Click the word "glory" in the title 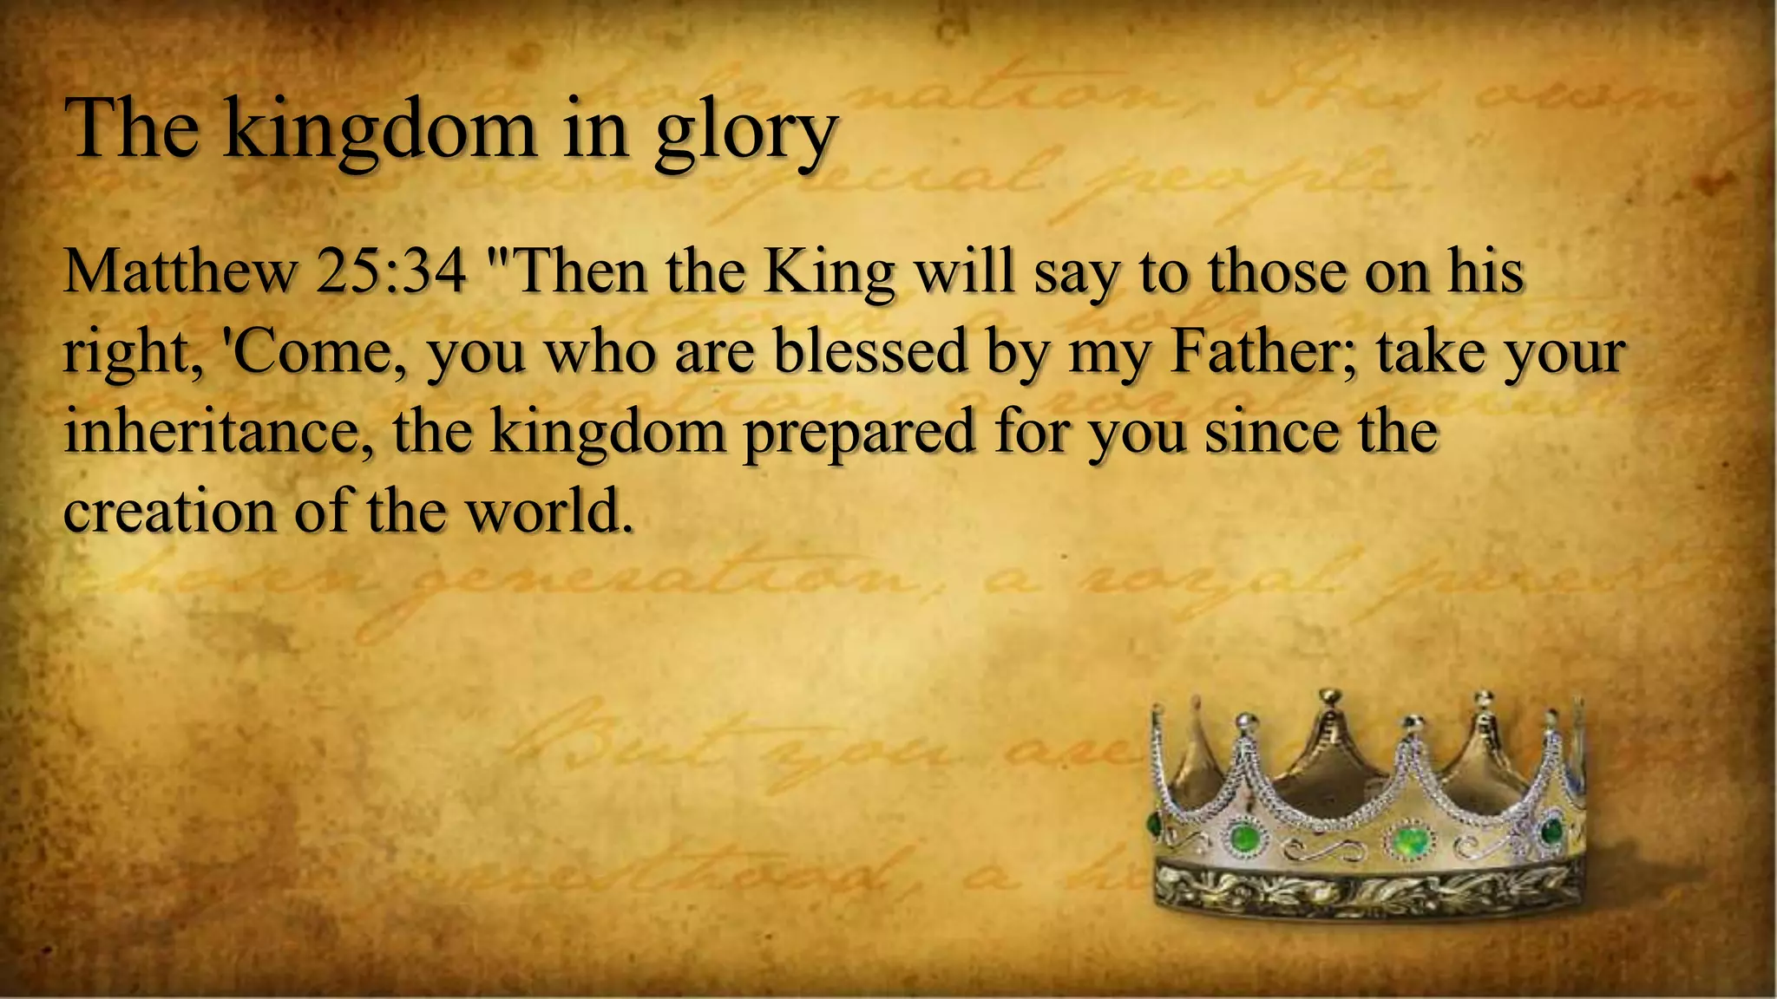click(x=745, y=132)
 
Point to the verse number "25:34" click(x=392, y=271)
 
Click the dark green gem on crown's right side click(x=1551, y=831)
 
